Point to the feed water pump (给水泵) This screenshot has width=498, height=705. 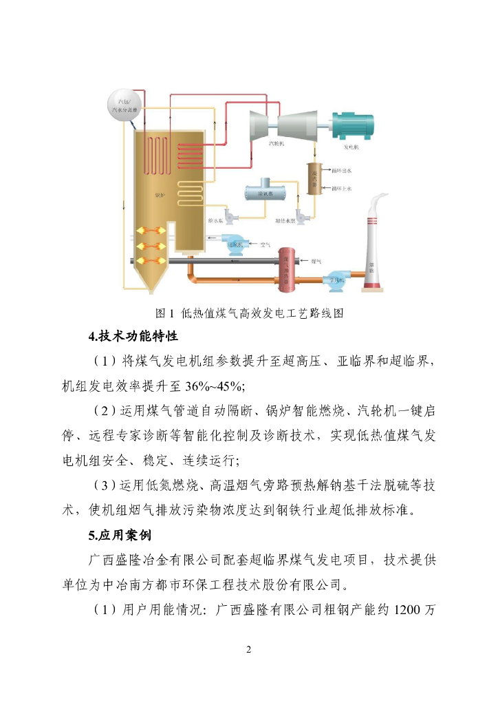click(231, 214)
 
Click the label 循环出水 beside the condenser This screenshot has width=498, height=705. click(341, 170)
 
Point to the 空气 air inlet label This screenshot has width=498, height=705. click(266, 244)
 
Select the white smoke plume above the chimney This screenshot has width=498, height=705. click(377, 204)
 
